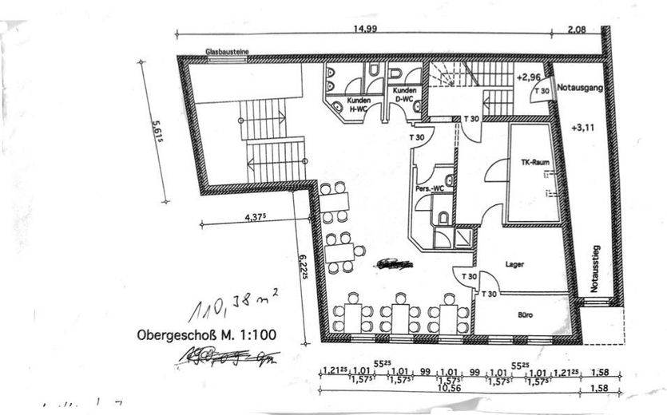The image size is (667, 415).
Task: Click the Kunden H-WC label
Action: click(358, 104)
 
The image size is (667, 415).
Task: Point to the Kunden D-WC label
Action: click(402, 96)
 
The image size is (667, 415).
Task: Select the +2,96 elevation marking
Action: click(530, 77)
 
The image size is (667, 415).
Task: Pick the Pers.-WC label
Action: click(428, 189)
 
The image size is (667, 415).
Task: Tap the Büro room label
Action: click(525, 315)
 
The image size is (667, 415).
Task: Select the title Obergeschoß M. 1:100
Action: click(207, 335)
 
